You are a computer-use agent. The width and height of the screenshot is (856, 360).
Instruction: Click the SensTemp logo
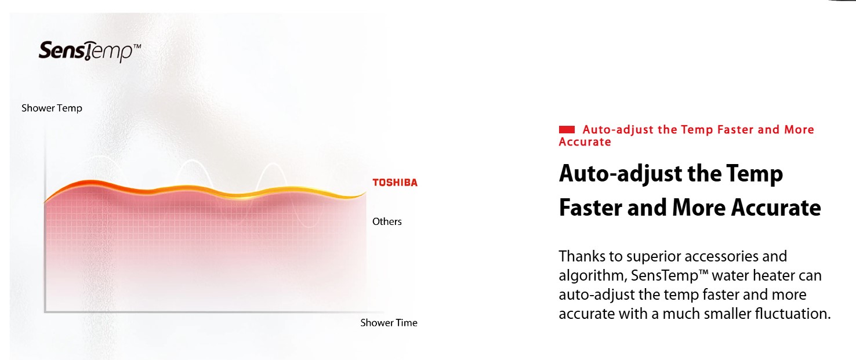(x=90, y=51)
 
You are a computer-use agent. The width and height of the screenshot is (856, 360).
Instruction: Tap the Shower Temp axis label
(x=52, y=108)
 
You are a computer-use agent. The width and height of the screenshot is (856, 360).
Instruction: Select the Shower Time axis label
(x=389, y=323)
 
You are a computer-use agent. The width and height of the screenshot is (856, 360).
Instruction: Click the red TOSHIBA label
(x=395, y=183)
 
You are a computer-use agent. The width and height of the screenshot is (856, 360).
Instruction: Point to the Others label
(x=387, y=221)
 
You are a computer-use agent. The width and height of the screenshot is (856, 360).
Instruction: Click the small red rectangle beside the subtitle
(x=567, y=129)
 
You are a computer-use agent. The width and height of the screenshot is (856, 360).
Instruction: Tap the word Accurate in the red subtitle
(x=585, y=142)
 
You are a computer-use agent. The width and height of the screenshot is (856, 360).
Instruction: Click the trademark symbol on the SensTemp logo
(x=137, y=46)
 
